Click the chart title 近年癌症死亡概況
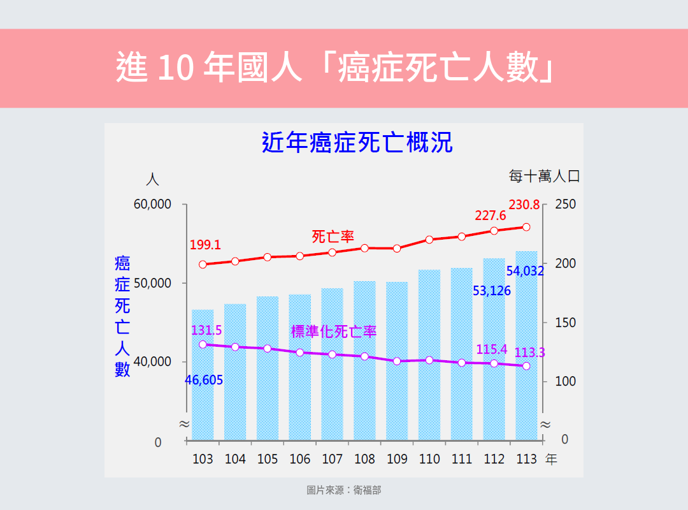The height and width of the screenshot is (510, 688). pyautogui.click(x=357, y=143)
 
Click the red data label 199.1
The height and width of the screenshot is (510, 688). pyautogui.click(x=205, y=245)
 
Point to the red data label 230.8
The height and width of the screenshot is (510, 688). pyautogui.click(x=524, y=205)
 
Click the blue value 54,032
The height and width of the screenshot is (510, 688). pyautogui.click(x=525, y=271)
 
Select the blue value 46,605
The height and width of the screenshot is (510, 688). pyautogui.click(x=204, y=381)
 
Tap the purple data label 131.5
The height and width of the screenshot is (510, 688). pyautogui.click(x=206, y=330)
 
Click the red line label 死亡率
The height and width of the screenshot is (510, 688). pyautogui.click(x=333, y=237)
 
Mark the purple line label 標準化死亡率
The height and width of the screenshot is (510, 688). pyautogui.click(x=334, y=331)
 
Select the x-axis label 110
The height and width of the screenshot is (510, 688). pyautogui.click(x=429, y=459)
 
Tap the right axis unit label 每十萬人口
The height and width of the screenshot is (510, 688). pyautogui.click(x=544, y=177)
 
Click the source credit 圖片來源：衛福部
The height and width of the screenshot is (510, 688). pyautogui.click(x=344, y=490)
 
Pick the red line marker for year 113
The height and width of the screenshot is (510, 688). pyautogui.click(x=526, y=227)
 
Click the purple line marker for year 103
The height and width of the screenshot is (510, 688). pyautogui.click(x=203, y=344)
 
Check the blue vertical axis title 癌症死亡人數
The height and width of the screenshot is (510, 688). pyautogui.click(x=122, y=316)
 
